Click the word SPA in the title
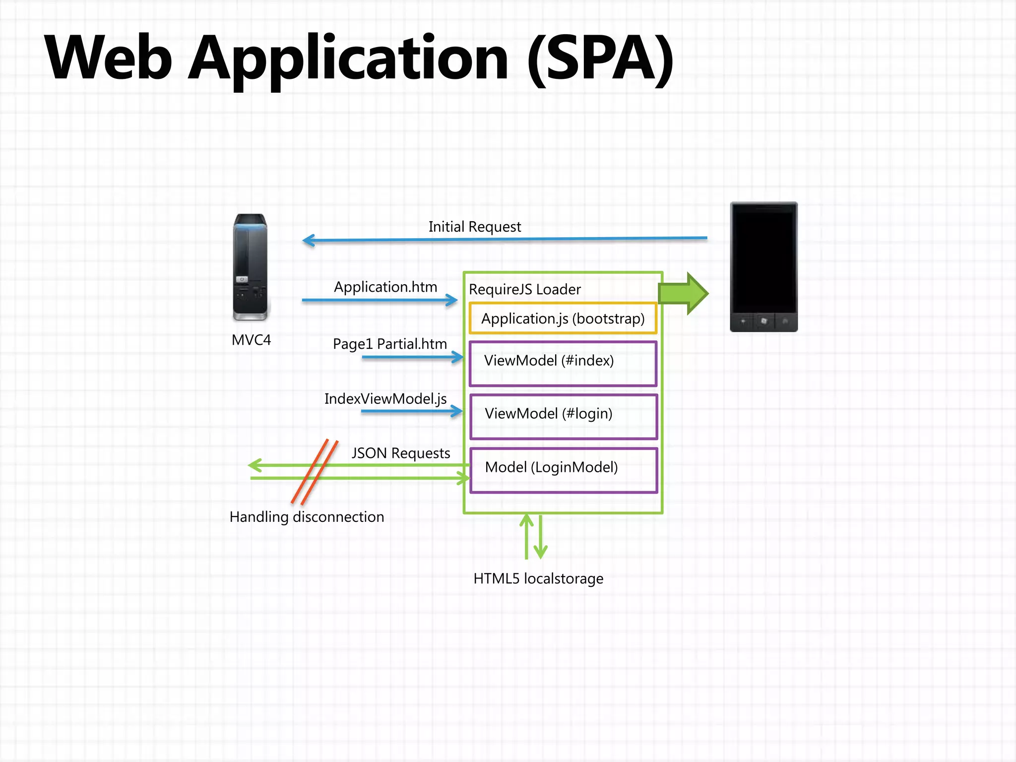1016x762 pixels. (x=600, y=59)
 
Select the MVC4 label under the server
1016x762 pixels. (x=251, y=340)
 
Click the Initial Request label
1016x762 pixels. (x=474, y=227)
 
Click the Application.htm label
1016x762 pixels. (x=385, y=287)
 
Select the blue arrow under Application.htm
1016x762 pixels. (x=380, y=300)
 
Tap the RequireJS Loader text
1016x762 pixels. (x=524, y=290)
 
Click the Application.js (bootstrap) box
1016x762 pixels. (x=563, y=318)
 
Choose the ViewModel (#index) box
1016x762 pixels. (x=563, y=363)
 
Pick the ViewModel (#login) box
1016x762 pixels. (x=563, y=417)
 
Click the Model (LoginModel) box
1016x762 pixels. (x=563, y=470)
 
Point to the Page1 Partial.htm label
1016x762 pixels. (x=389, y=344)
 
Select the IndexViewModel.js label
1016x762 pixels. (x=385, y=399)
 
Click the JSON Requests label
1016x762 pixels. (x=401, y=453)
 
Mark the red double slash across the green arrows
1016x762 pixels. (x=315, y=472)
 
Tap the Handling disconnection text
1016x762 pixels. (x=307, y=517)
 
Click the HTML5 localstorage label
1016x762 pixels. (x=538, y=579)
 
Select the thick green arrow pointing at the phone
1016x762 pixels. (x=684, y=293)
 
